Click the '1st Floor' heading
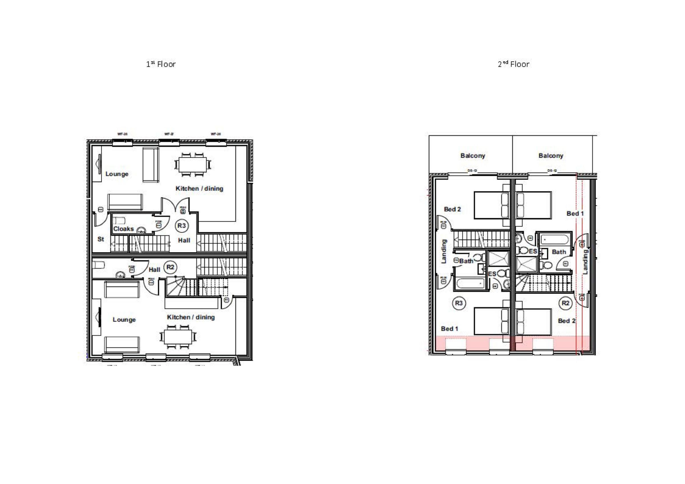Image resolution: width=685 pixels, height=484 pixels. (161, 64)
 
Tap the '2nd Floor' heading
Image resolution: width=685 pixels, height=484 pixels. (513, 64)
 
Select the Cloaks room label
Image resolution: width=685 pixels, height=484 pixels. (124, 229)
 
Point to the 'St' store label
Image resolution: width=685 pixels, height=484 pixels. (100, 239)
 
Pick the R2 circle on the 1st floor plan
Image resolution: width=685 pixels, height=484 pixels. (170, 267)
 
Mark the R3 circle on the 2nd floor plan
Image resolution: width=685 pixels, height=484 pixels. (459, 303)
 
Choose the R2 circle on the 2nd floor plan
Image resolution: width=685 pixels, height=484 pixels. (565, 303)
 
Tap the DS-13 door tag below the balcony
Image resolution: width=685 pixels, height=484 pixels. (472, 171)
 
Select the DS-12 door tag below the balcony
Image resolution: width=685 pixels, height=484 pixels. (552, 171)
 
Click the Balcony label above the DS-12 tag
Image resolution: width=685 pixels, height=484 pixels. (551, 155)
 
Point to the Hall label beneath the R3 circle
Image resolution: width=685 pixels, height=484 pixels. (184, 240)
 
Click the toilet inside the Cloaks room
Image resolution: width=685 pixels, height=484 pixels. (119, 221)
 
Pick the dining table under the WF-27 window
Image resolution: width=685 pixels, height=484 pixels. (193, 164)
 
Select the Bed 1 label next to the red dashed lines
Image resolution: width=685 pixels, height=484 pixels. (575, 214)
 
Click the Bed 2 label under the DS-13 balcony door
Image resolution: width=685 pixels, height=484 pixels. (452, 209)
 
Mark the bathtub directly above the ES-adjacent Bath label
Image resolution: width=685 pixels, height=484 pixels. (555, 240)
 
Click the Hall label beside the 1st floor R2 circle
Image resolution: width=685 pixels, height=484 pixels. (154, 270)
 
